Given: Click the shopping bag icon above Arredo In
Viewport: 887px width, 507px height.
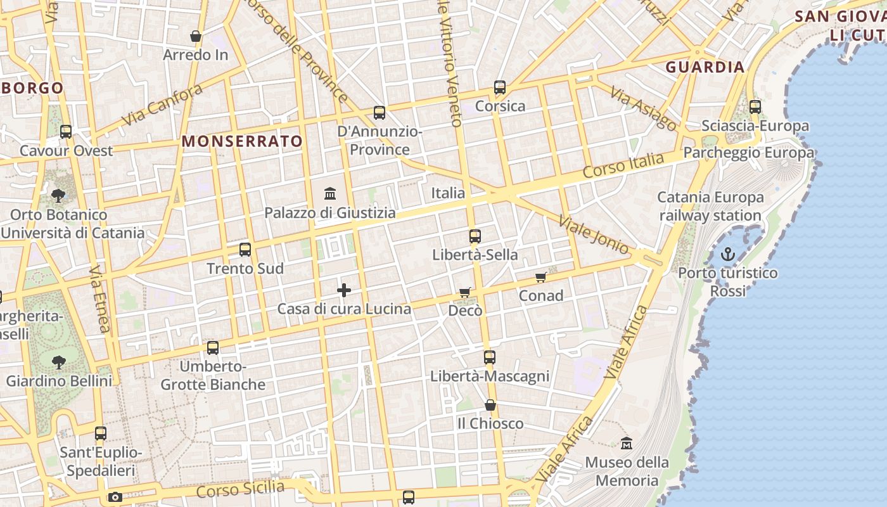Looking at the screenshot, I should coord(196,37).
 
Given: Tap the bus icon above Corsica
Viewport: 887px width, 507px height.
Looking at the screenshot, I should coord(500,87).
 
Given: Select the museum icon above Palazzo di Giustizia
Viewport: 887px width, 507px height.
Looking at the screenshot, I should coord(330,193).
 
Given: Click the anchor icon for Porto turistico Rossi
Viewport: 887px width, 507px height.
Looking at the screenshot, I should coord(728,255).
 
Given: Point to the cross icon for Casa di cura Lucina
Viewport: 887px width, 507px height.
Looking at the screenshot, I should coord(344,290).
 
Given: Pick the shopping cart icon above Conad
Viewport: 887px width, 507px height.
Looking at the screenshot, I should coord(541,277).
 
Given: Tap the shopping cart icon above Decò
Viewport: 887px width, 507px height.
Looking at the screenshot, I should coord(465,292).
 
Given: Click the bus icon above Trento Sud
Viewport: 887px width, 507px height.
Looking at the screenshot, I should coord(245,250).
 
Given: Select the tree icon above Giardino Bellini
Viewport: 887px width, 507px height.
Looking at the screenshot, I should coord(59,363).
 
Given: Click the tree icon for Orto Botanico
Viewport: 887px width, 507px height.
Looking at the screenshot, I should coord(58,195).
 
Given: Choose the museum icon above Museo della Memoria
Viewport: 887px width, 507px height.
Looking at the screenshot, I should coord(627,444).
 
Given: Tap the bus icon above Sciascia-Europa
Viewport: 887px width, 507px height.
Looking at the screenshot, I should coord(755,107).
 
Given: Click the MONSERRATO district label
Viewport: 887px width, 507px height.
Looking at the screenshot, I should coord(242,141).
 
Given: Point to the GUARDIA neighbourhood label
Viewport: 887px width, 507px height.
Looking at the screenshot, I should coord(705,67).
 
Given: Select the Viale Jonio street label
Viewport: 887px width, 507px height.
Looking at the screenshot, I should coord(593,234).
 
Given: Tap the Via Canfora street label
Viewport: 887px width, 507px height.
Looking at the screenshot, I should coord(162,105).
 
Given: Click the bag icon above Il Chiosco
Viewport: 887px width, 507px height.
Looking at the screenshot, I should coord(490,405).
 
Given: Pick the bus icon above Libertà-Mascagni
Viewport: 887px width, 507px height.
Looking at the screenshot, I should coord(490,357).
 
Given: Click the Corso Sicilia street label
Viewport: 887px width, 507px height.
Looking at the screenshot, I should coord(240,489).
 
